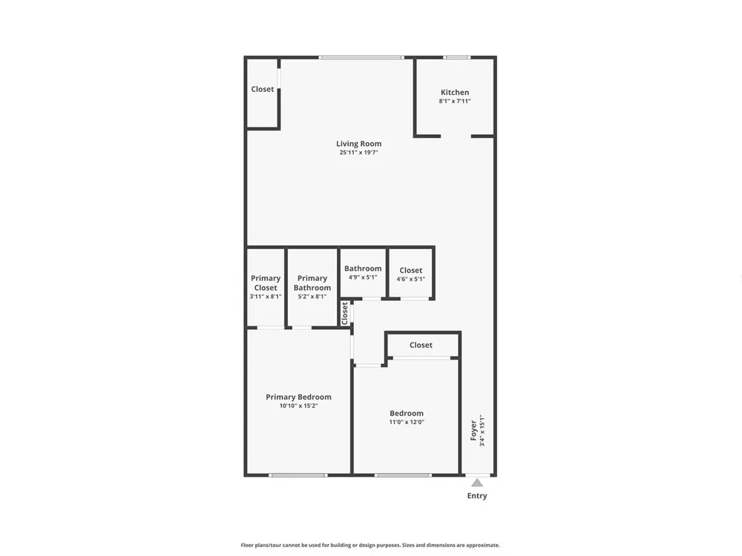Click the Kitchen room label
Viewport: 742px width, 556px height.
point(455,92)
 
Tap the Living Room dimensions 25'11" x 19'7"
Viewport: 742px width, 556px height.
point(358,152)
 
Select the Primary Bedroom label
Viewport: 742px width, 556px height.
point(298,397)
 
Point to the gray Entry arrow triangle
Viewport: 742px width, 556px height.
point(477,483)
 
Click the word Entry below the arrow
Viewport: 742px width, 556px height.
point(477,495)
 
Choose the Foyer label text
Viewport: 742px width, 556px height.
point(473,430)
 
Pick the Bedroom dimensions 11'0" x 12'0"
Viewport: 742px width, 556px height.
point(407,423)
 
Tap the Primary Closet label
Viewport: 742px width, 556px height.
point(266,282)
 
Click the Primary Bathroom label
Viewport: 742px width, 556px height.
point(312,282)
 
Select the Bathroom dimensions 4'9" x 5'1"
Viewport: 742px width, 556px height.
point(363,277)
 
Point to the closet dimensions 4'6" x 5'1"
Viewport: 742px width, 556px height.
point(411,279)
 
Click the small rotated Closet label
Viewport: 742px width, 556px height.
point(345,314)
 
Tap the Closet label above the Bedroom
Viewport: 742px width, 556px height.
point(421,345)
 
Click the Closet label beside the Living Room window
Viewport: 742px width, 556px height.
point(262,89)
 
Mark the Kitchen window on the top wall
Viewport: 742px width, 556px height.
point(456,58)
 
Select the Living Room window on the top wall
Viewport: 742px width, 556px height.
point(361,58)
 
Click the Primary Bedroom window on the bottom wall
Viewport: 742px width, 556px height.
point(298,475)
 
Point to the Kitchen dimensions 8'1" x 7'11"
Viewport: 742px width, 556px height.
point(455,101)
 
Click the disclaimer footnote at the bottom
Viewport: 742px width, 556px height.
point(370,545)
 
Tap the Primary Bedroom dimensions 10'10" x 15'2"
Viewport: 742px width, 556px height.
point(298,406)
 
